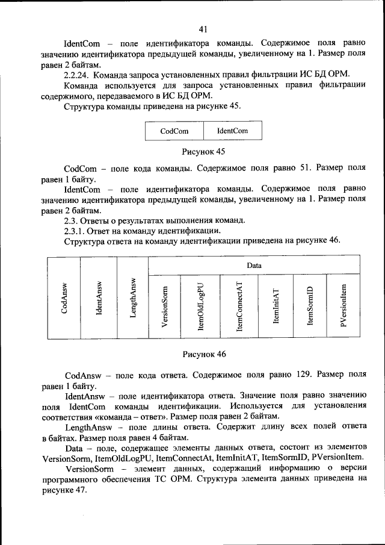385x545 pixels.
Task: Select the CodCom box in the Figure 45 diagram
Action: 174,131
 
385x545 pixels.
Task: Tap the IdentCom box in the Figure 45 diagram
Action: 232,131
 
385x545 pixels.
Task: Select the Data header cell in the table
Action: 253,265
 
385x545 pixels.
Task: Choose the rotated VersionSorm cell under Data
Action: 165,307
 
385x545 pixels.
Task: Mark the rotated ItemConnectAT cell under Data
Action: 239,307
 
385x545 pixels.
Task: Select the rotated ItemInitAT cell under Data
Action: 276,307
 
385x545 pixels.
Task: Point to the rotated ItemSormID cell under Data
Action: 310,307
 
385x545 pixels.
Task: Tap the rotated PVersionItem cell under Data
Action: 343,307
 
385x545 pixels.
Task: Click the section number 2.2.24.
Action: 76,75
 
